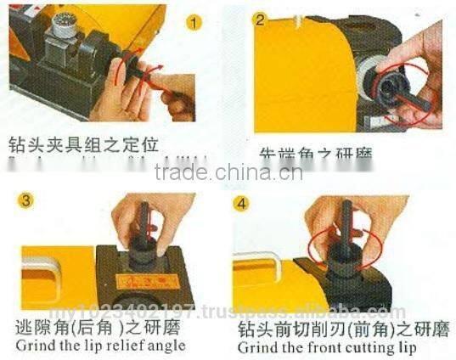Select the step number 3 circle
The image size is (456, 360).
29,200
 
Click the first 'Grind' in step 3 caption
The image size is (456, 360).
31,346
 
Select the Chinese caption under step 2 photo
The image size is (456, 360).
316,155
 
